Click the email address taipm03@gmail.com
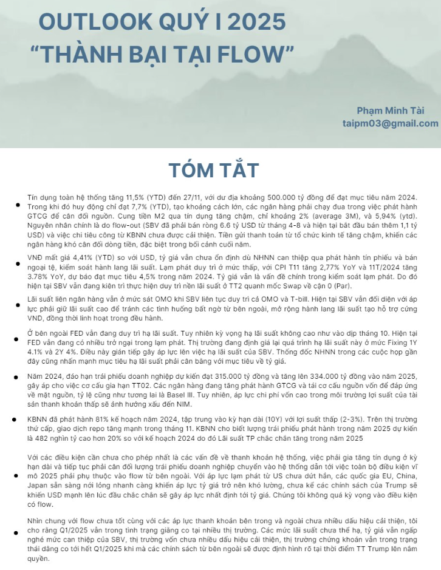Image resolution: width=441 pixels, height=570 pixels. (390, 123)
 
